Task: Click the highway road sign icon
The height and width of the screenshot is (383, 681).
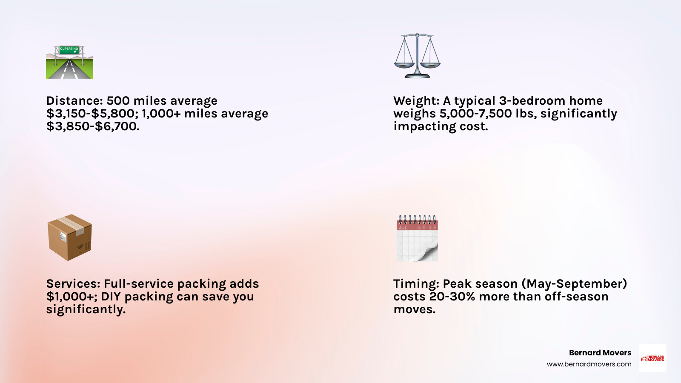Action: coord(69,63)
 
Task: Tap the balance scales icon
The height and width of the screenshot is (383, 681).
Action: coord(417,56)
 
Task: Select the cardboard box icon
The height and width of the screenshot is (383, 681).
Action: coord(69,237)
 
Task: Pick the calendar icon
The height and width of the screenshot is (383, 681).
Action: coord(417,238)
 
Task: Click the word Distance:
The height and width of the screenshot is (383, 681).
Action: coord(74,101)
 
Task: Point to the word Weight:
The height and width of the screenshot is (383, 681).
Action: coord(416,101)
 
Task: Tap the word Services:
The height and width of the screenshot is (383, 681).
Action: coord(73,284)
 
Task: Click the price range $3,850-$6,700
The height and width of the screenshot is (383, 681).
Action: coord(92,126)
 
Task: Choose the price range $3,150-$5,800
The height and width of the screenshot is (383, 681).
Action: coord(92,114)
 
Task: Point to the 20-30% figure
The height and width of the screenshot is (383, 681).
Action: coord(452,297)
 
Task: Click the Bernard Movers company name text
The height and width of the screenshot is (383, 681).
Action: coord(600,353)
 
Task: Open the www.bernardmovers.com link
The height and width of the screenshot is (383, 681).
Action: coord(589,364)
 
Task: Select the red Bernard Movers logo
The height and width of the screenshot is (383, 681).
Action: coord(652,358)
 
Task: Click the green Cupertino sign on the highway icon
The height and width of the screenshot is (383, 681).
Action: coord(69,49)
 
